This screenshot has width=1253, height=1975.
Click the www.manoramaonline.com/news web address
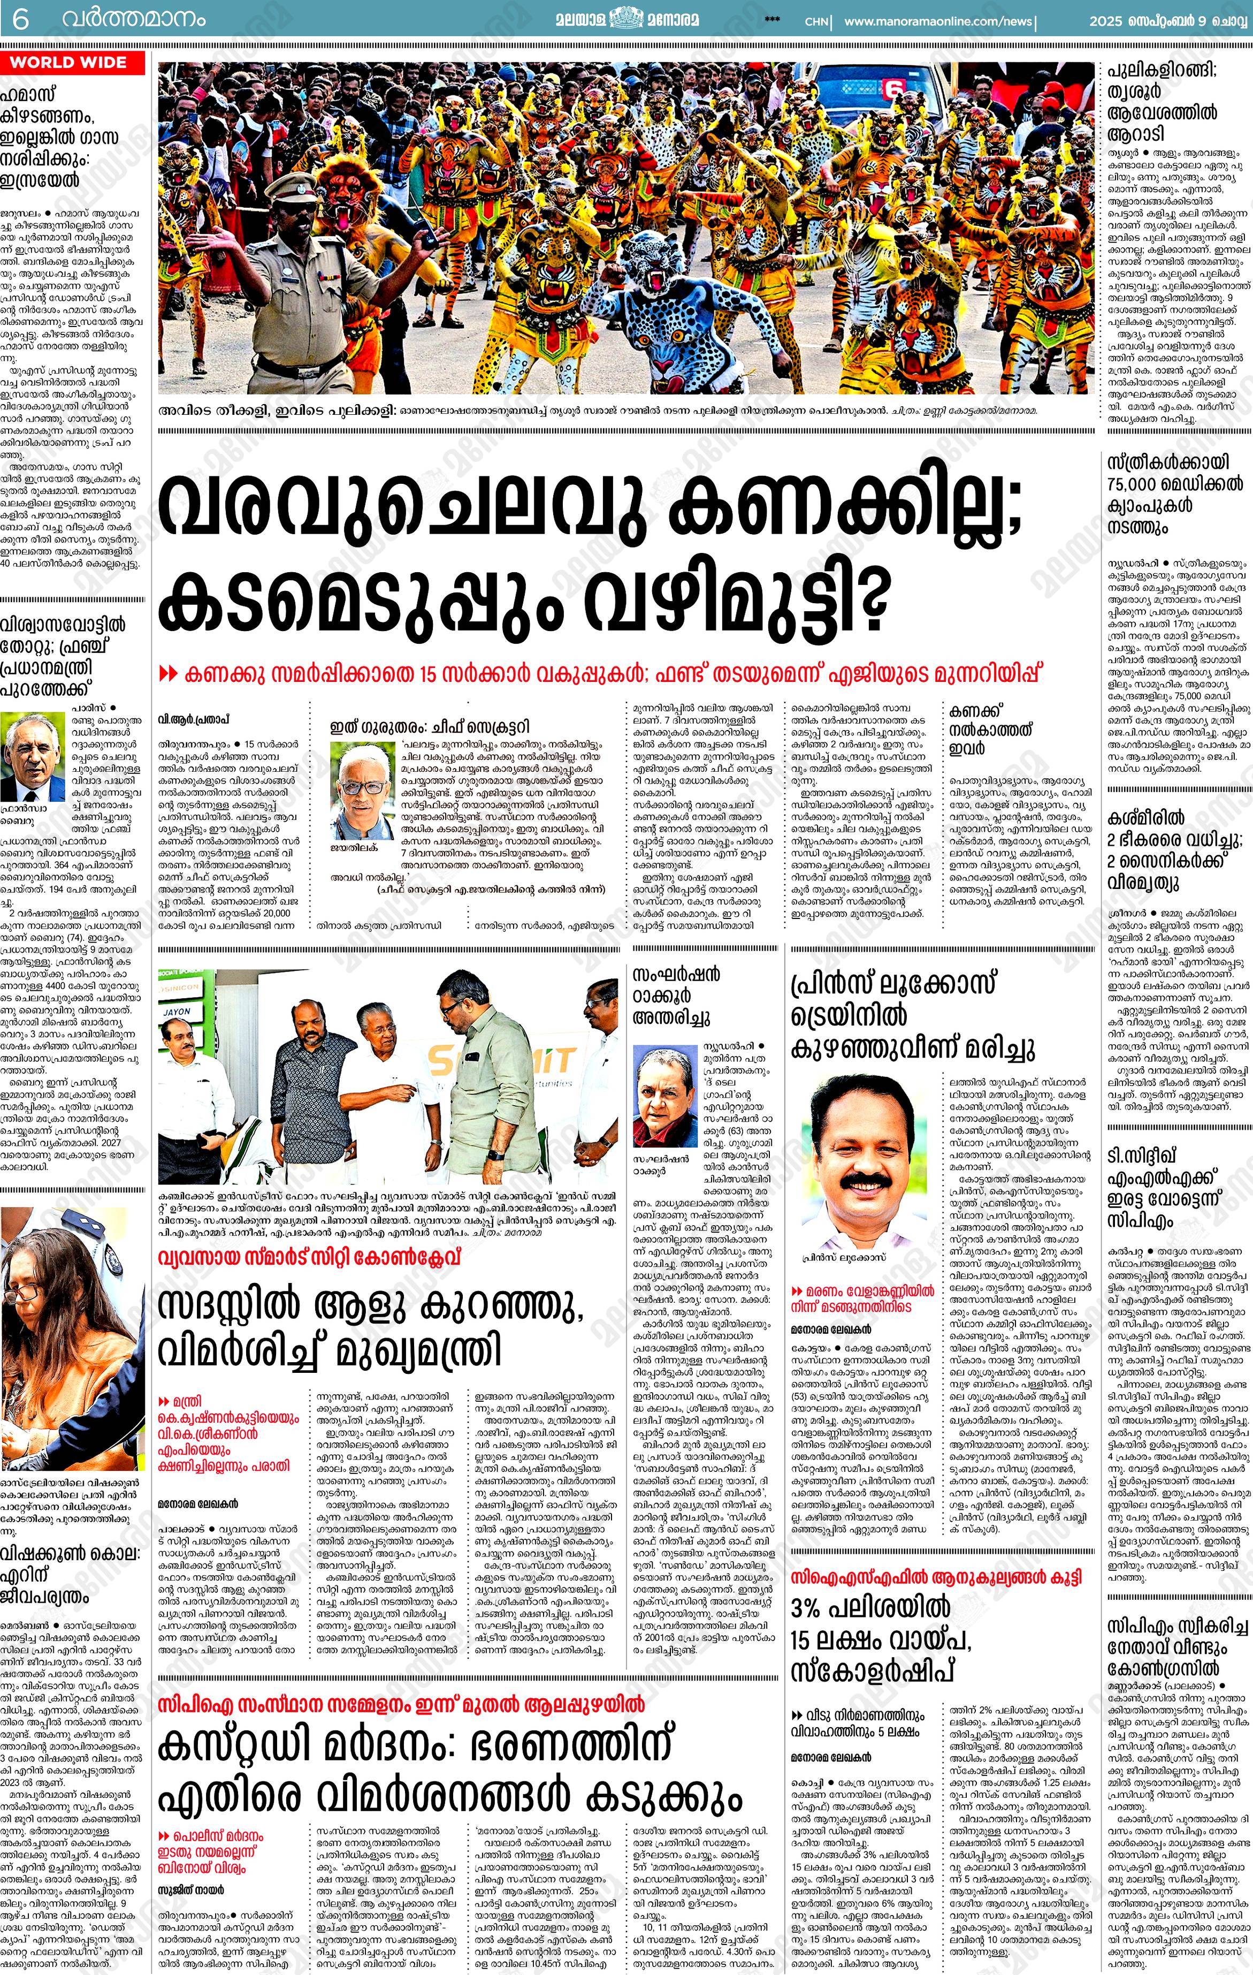click(938, 21)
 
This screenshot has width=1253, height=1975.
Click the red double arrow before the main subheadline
click(168, 674)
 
